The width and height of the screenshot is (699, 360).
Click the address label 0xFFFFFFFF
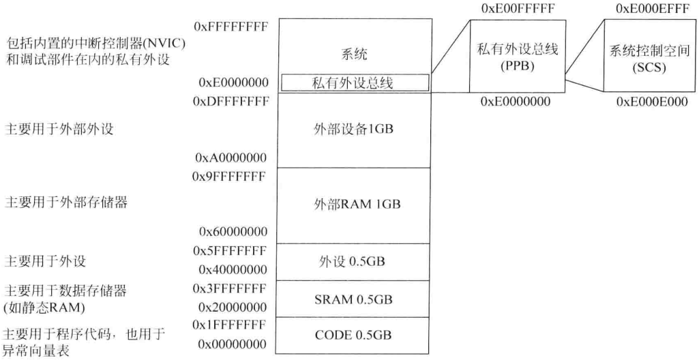pos(229,27)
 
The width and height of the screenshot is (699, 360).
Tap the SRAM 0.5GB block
pos(353,299)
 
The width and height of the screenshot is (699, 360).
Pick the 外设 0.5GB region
pos(353,262)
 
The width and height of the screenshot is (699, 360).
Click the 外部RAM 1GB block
pos(353,204)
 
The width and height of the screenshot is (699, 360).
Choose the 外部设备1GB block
pos(353,130)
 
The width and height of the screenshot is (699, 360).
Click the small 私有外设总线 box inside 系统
pos(355,82)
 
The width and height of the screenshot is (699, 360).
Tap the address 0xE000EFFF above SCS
pos(646,10)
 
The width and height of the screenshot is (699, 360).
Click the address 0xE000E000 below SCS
pos(646,102)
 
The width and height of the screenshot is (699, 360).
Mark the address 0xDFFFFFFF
pos(230,102)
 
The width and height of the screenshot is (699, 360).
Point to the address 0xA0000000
pos(230,157)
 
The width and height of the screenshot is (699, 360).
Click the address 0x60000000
pos(230,231)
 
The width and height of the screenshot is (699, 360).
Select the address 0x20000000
pos(230,307)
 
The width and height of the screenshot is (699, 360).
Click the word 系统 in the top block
pos(353,55)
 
